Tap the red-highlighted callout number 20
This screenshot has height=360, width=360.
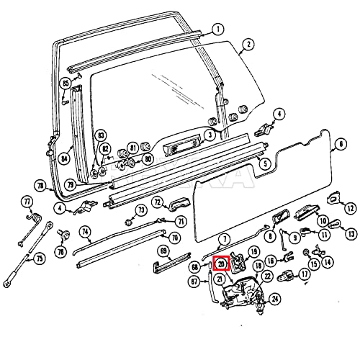click(x=221, y=263)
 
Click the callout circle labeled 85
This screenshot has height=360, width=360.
click(x=66, y=84)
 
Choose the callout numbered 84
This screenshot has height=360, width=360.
click(x=66, y=158)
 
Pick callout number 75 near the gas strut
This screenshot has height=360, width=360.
click(x=40, y=258)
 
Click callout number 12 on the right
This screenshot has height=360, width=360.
click(x=350, y=208)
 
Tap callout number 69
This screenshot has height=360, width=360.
click(x=163, y=251)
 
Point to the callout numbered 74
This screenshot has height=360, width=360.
click(x=85, y=232)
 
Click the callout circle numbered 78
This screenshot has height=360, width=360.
click(x=41, y=186)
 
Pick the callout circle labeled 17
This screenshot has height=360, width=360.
click(x=305, y=274)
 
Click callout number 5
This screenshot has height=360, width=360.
click(x=266, y=165)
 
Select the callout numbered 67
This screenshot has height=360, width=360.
click(x=193, y=283)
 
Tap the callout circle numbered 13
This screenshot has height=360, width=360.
click(x=351, y=233)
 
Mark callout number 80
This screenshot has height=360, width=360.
click(x=148, y=158)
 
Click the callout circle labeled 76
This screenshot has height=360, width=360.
click(x=60, y=252)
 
